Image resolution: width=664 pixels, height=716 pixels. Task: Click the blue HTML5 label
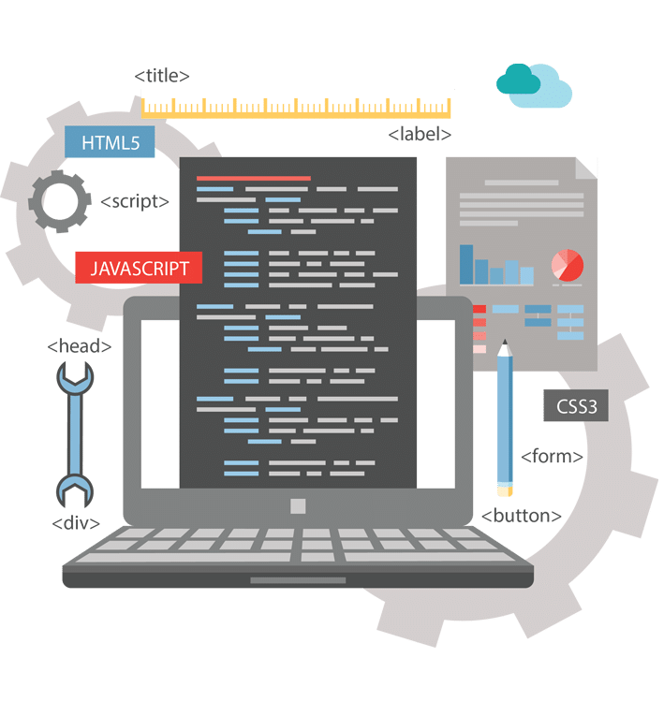pos(110,143)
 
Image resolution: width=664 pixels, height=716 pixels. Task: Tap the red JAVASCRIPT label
pos(140,268)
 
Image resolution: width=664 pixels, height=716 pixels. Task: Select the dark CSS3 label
pos(575,407)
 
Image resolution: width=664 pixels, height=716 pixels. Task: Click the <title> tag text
pos(162,76)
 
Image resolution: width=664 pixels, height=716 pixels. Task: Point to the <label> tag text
pos(419,134)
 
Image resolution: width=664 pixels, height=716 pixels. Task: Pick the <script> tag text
pos(135,200)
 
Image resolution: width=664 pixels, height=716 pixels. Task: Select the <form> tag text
pos(552,457)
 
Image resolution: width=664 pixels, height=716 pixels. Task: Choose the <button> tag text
pos(522,516)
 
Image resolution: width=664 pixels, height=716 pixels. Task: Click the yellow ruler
pos(298,104)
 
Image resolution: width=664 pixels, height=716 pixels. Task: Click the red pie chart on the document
pos(568,265)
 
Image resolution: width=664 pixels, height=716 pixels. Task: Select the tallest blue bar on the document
pos(466,264)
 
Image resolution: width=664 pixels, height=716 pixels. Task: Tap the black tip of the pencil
pos(505,345)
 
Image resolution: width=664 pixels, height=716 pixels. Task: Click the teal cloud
pos(520,81)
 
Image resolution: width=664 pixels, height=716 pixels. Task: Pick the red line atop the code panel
pos(253,177)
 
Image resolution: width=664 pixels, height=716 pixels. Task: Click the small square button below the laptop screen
pos(298,506)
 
